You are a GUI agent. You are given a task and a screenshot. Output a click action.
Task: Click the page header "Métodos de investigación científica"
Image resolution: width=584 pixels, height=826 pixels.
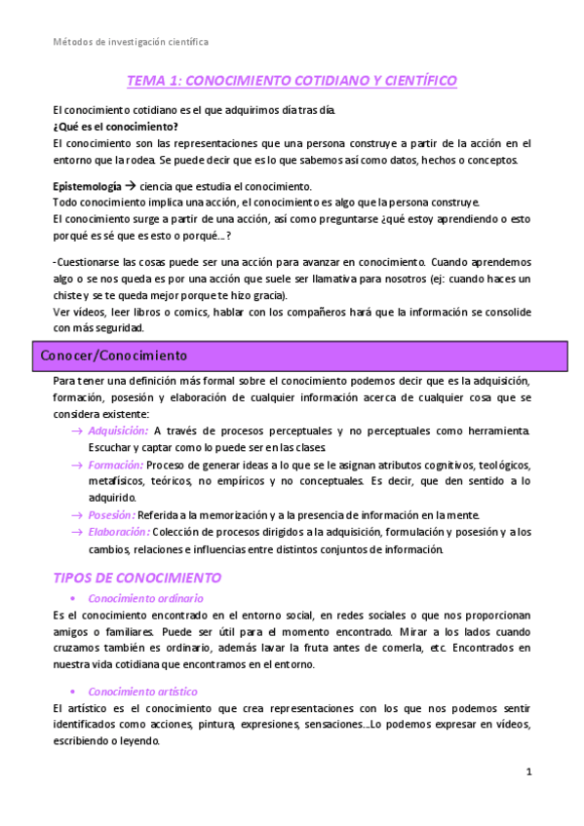point(130,42)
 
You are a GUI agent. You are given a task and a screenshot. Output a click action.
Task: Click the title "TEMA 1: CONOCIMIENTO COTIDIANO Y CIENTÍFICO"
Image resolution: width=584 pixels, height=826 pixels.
point(292,81)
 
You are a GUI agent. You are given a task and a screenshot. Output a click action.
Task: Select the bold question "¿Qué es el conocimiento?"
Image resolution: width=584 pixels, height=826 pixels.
point(115,127)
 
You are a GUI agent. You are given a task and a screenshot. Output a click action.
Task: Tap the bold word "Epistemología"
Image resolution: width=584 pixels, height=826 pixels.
point(87,185)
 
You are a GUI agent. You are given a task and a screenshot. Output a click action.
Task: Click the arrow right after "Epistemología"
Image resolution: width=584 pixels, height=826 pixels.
point(131,185)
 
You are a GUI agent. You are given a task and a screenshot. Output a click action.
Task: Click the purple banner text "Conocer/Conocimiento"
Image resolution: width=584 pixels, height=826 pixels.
point(114,356)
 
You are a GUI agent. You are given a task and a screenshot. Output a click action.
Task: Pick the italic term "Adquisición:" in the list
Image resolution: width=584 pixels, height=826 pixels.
point(118,431)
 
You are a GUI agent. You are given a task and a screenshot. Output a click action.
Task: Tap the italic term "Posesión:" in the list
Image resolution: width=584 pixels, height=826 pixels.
point(111,514)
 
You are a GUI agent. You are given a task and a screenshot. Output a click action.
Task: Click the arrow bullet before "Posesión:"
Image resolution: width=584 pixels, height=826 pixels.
point(77,514)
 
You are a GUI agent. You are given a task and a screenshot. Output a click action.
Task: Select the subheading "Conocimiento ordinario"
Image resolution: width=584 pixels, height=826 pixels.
point(145,598)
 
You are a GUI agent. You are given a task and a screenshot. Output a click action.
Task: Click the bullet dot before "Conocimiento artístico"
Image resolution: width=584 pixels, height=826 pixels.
point(75,692)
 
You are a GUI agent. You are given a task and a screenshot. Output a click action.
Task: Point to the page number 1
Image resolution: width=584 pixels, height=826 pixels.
point(528,772)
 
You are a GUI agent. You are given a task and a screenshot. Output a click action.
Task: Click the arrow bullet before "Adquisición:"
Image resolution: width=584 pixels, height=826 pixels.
point(77,431)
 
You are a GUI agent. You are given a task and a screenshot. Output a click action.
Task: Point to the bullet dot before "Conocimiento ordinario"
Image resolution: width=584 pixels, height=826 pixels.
point(75,598)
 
